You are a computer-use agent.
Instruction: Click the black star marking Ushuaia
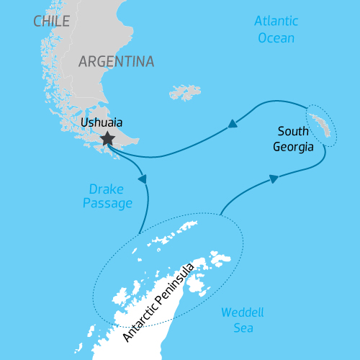tap(107, 139)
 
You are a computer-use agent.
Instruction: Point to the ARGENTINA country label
tap(117, 61)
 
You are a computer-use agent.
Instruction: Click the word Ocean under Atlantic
tap(276, 37)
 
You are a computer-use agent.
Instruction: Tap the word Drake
tap(107, 189)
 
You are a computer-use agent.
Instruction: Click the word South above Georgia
tap(292, 132)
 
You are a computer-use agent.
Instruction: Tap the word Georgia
tap(293, 147)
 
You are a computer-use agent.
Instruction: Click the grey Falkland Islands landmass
tap(185, 92)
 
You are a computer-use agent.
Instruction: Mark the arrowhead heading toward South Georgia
tap(274, 178)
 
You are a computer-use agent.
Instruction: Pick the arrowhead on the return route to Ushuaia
tap(233, 124)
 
